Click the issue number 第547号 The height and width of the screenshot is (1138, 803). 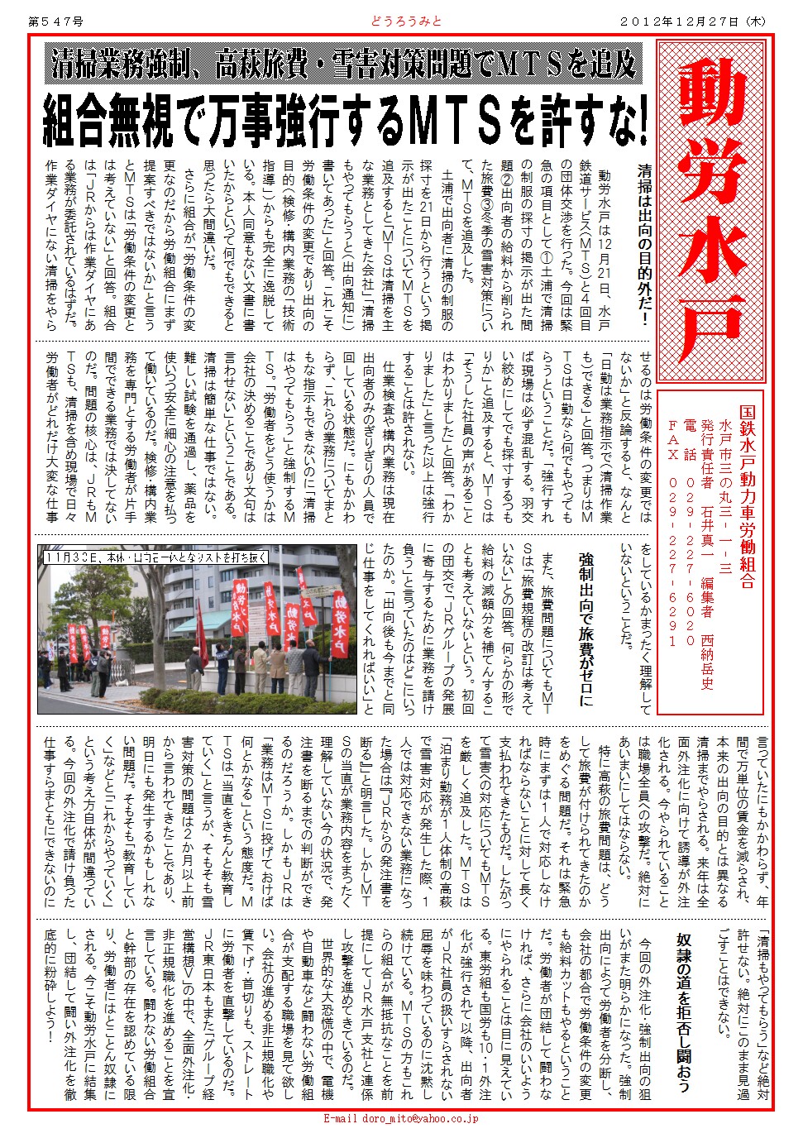55,22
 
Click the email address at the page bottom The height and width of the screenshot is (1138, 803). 400,1118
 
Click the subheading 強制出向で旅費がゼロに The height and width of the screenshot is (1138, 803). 586,629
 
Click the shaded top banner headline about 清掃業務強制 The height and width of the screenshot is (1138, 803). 345,64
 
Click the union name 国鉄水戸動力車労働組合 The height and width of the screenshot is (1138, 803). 747,496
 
